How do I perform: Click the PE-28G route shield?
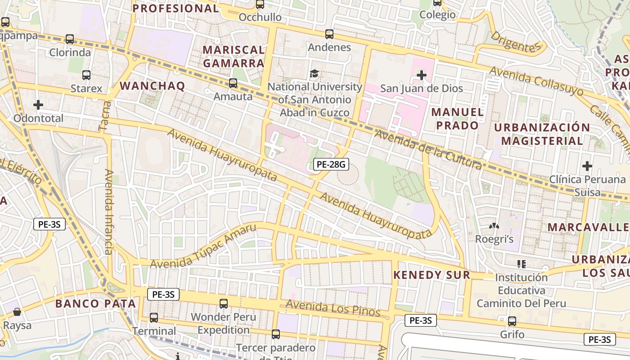tap(331, 165)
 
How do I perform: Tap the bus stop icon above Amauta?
tap(233, 83)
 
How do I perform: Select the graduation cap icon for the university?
tap(314, 73)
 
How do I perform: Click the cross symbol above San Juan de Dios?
tap(422, 75)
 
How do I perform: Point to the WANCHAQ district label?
tap(152, 86)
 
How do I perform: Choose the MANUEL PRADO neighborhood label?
tap(457, 119)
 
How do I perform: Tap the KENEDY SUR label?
tap(432, 275)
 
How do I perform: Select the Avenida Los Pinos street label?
tap(333, 308)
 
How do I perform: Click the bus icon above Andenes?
tap(329, 34)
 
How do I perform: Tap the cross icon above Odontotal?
tap(38, 105)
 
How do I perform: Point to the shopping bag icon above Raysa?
tap(17, 312)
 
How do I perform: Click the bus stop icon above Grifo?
tap(512, 321)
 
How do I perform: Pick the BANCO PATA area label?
tap(95, 304)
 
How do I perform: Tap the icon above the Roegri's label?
tap(494, 226)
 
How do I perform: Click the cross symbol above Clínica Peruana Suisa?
tap(587, 166)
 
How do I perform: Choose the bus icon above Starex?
tap(86, 75)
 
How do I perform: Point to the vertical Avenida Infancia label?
tap(108, 211)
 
